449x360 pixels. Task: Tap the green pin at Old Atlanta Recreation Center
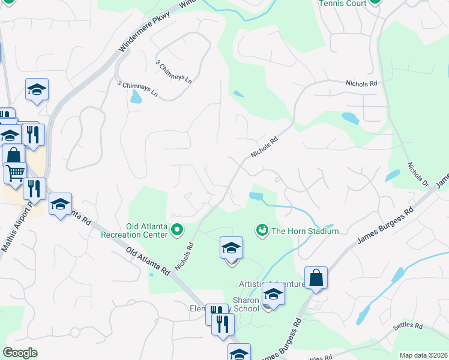[177, 230]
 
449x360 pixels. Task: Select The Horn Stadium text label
[305, 231]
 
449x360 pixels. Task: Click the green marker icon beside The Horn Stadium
[262, 230]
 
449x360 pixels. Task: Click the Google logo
[20, 353]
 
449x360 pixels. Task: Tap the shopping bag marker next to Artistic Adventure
[316, 278]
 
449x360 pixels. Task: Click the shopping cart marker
[15, 172]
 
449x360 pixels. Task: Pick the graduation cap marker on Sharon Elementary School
[273, 295]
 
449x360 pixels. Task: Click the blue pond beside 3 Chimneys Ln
[136, 96]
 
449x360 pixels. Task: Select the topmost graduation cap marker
[37, 90]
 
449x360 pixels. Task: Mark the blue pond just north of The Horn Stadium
[256, 196]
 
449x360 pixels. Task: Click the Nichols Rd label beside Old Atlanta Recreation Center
[184, 255]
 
